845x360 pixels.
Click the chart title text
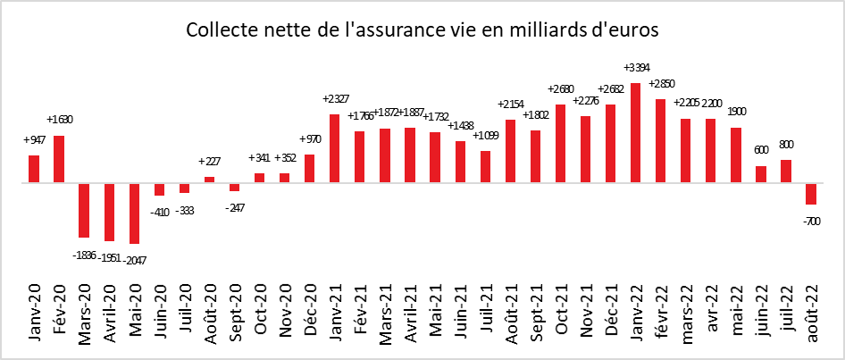[x=422, y=29]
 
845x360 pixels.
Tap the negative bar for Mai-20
[x=134, y=213]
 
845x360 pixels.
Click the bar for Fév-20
[x=59, y=159]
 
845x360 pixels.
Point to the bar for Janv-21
[x=335, y=148]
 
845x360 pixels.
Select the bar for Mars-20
[x=84, y=210]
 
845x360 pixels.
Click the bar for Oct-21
[x=561, y=144]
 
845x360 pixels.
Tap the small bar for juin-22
[x=761, y=174]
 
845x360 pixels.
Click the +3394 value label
[x=636, y=67]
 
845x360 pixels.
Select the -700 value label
[x=812, y=220]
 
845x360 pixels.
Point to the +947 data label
[x=34, y=139]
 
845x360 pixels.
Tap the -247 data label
[x=234, y=207]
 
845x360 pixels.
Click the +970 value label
[x=309, y=138]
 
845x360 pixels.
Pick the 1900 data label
[x=736, y=111]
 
